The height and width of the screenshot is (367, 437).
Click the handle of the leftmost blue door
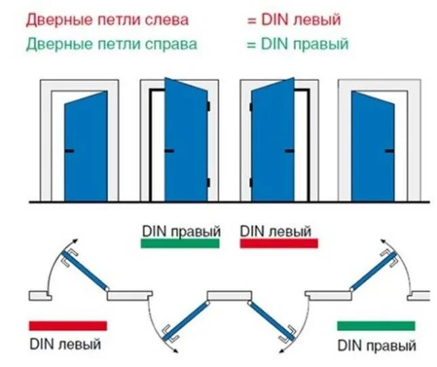click(x=69, y=150)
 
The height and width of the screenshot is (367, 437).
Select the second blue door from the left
click(x=185, y=139)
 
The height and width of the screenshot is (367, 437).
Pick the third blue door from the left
click(x=272, y=139)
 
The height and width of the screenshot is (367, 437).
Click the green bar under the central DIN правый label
click(x=180, y=243)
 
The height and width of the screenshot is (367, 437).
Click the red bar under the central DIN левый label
click(x=279, y=243)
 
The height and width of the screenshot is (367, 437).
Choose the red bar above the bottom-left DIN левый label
click(x=68, y=326)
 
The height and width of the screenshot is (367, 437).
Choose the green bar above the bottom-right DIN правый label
click(x=376, y=326)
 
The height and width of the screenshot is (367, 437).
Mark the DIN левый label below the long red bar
click(x=65, y=344)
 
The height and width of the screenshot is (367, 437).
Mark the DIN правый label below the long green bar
click(x=377, y=345)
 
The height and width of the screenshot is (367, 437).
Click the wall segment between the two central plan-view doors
click(x=231, y=294)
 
